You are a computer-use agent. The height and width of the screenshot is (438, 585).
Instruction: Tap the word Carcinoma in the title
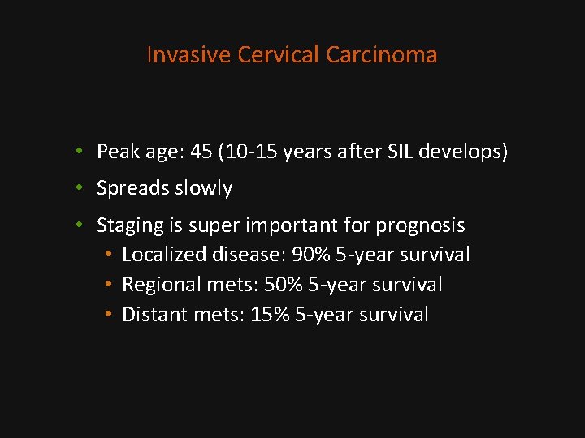(382, 55)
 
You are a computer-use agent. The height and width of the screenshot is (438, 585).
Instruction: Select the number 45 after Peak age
(199, 152)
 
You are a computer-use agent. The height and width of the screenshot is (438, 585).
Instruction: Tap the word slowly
(202, 189)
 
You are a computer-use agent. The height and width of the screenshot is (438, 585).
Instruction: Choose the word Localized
(164, 255)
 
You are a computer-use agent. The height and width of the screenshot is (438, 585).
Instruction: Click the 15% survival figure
(268, 315)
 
